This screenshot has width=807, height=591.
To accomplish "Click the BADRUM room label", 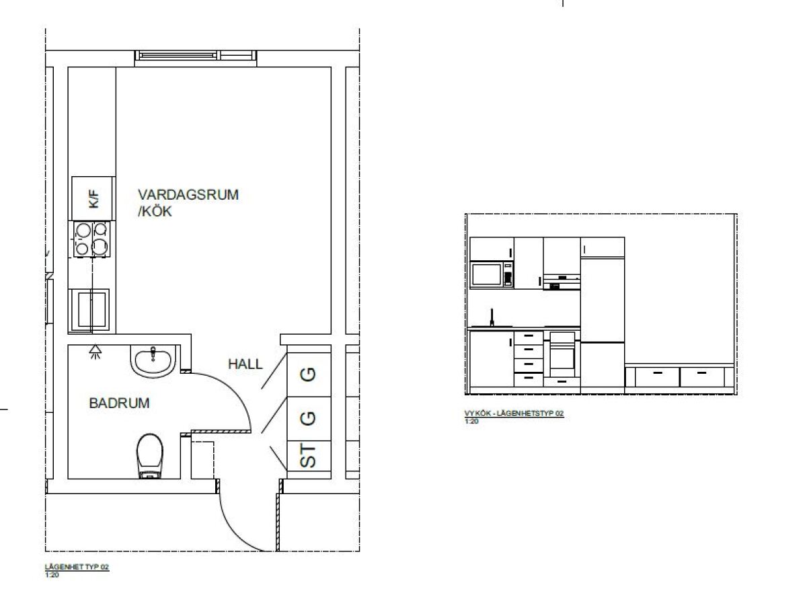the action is (x=119, y=403).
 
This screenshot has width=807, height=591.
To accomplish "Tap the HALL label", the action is (x=245, y=364).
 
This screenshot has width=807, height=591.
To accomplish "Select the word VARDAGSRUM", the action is (x=188, y=194).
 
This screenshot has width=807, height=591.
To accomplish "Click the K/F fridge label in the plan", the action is (x=94, y=199).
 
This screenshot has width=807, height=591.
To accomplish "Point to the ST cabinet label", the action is (x=308, y=456).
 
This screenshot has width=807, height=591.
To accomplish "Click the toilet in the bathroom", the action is (x=150, y=456).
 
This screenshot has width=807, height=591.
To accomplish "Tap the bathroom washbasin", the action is (x=153, y=360).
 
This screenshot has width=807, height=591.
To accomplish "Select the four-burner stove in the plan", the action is (x=92, y=239).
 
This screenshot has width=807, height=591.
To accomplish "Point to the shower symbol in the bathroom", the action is (x=95, y=352).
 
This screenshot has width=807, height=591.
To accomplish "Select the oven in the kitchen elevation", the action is (x=562, y=354).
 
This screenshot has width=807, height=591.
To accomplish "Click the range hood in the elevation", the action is (x=562, y=282).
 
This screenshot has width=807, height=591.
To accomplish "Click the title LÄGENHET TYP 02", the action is (x=77, y=567).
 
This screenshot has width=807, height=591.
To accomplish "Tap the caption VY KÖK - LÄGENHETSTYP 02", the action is (x=514, y=413).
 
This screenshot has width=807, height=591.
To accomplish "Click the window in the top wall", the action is (x=196, y=56).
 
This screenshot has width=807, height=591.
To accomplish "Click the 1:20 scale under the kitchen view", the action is (x=471, y=421).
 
